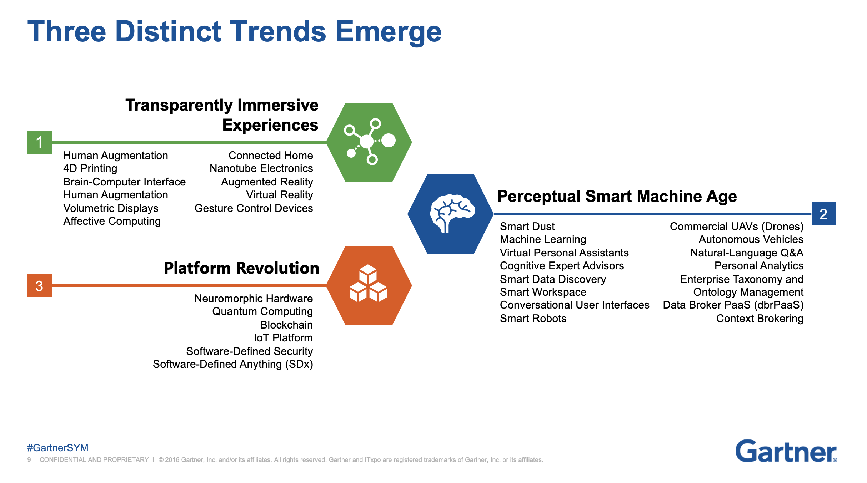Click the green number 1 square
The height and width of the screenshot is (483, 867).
tap(40, 142)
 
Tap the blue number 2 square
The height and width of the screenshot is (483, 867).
tap(824, 214)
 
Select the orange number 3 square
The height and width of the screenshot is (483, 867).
tap(40, 286)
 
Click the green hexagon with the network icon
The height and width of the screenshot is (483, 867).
tap(369, 142)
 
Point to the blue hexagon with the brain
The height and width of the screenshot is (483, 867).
tap(451, 214)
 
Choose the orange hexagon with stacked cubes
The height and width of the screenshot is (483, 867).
tap(369, 285)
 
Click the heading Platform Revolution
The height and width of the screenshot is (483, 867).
tap(241, 268)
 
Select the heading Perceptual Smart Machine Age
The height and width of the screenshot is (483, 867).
tap(617, 197)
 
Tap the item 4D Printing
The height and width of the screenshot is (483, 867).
tap(90, 168)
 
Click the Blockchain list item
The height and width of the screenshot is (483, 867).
tap(286, 325)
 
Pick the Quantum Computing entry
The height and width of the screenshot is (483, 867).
tap(262, 312)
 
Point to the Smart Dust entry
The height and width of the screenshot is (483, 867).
tap(527, 227)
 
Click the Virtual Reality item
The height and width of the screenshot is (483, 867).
tap(280, 195)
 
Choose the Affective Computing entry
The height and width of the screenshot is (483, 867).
tap(112, 222)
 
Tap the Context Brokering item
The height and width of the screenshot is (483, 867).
tap(760, 319)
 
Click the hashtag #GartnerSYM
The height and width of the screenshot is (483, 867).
tap(58, 448)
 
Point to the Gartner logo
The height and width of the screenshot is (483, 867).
tap(786, 451)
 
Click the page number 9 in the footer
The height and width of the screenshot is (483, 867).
tap(29, 460)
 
